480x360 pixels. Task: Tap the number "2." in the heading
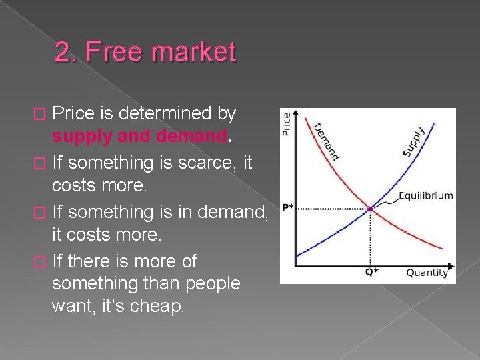66,52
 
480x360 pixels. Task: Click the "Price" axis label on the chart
287,125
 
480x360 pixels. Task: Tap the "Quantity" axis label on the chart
427,273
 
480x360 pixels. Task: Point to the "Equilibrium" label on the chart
425,196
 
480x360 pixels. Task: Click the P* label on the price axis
287,207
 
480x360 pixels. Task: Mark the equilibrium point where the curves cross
371,209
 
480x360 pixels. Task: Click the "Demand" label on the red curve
327,141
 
